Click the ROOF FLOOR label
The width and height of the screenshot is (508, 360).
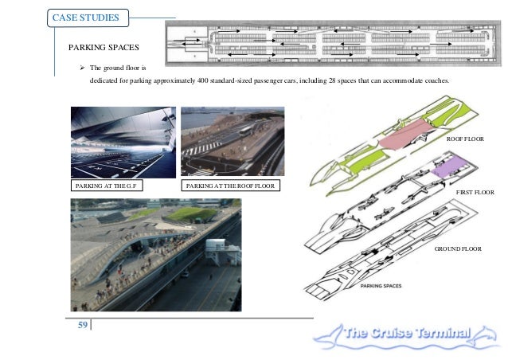tap(466, 139)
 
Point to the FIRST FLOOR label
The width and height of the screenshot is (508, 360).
tap(475, 192)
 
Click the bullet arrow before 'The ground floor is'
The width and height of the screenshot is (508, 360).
tap(82, 70)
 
